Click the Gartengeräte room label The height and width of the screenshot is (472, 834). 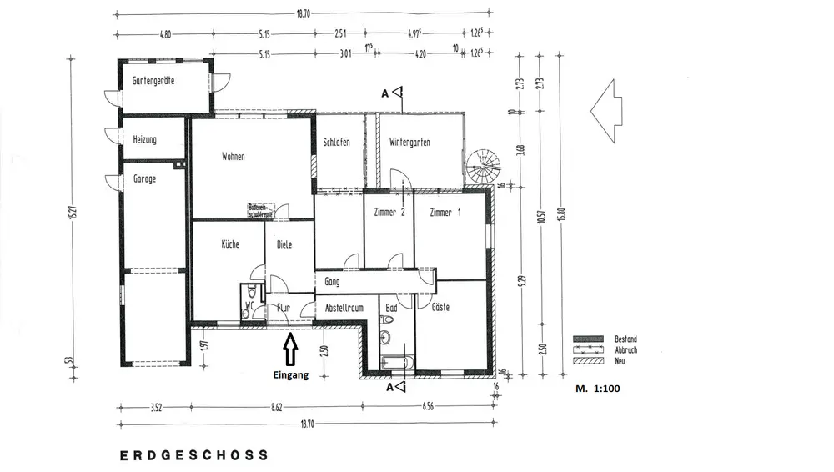tap(153, 81)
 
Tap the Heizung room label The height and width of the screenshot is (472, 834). tap(145, 140)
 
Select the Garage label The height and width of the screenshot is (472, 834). tap(144, 178)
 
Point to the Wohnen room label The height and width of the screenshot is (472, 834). tap(234, 157)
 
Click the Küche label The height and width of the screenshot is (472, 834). tap(230, 244)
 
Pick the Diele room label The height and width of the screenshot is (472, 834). tap(284, 244)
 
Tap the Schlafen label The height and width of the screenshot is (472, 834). tap(336, 143)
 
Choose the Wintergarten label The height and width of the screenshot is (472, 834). tap(409, 143)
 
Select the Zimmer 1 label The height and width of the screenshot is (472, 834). tap(445, 213)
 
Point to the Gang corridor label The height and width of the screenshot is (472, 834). tap(332, 282)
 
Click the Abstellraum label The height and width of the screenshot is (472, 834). tap(344, 308)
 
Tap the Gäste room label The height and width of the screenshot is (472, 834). tap(440, 308)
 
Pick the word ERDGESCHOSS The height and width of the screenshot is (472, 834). tap(194, 455)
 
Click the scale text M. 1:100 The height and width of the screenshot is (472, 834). tap(598, 389)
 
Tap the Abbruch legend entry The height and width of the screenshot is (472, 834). tap(625, 350)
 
